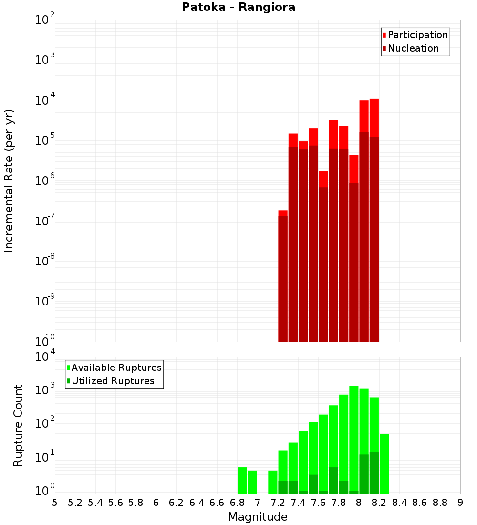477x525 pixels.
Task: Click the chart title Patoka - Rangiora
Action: coord(238,7)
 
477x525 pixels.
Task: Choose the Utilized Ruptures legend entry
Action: coord(113,381)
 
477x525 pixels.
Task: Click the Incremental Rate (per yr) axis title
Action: coord(9,180)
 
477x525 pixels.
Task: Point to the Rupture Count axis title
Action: coord(18,425)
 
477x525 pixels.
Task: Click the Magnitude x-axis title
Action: coord(258,517)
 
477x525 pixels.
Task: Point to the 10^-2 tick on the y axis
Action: coord(45,20)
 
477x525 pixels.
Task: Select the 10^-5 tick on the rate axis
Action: coord(45,140)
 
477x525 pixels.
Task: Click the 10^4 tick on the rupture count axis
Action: coord(45,357)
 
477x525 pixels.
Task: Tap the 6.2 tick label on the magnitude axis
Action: coord(176,503)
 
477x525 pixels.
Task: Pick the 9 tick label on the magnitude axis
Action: coord(460,503)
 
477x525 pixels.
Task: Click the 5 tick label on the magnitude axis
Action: coord(55,503)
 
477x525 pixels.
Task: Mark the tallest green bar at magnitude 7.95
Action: coord(354,439)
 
